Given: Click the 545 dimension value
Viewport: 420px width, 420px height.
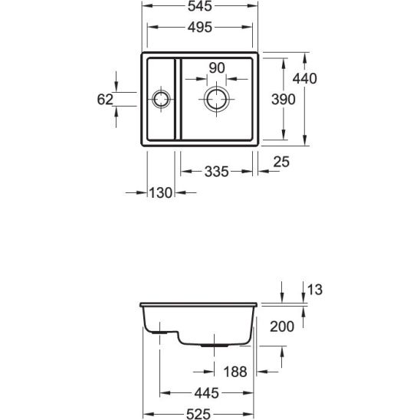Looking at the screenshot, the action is pyautogui.click(x=199, y=6).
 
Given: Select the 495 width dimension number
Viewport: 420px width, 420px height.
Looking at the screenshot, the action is pyautogui.click(x=200, y=27).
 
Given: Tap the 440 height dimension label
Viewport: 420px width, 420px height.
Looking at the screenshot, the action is pyautogui.click(x=304, y=78).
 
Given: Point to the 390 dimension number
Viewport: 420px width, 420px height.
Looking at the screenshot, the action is pyautogui.click(x=283, y=99).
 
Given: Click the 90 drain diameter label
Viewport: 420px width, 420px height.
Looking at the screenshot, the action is pyautogui.click(x=217, y=67).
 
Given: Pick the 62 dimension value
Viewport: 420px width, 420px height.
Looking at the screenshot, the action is pyautogui.click(x=105, y=100).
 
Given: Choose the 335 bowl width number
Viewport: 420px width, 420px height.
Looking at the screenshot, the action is pyautogui.click(x=216, y=172).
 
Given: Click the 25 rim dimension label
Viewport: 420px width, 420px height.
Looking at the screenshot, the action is pyautogui.click(x=281, y=162).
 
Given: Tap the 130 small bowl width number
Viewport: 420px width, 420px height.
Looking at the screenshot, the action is pyautogui.click(x=160, y=192).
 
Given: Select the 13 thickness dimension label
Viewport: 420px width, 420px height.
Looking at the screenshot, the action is pyautogui.click(x=314, y=290).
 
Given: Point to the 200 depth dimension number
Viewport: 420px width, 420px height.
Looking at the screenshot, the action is pyautogui.click(x=282, y=326).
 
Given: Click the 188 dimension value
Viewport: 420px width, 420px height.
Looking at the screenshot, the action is pyautogui.click(x=235, y=372).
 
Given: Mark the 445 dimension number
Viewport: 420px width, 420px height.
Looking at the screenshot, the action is pyautogui.click(x=206, y=393).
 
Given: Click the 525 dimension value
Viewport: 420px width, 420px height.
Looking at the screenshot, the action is pyautogui.click(x=199, y=414).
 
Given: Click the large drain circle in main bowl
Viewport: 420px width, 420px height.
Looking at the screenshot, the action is pyautogui.click(x=216, y=89).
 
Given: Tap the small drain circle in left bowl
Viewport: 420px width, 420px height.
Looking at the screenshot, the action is pyautogui.click(x=161, y=90).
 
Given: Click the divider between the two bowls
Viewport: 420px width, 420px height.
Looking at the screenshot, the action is pyautogui.click(x=178, y=99).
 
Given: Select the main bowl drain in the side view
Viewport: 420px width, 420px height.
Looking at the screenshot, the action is pyautogui.click(x=215, y=346).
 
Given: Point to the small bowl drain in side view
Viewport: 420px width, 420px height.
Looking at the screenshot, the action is pyautogui.click(x=160, y=333).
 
